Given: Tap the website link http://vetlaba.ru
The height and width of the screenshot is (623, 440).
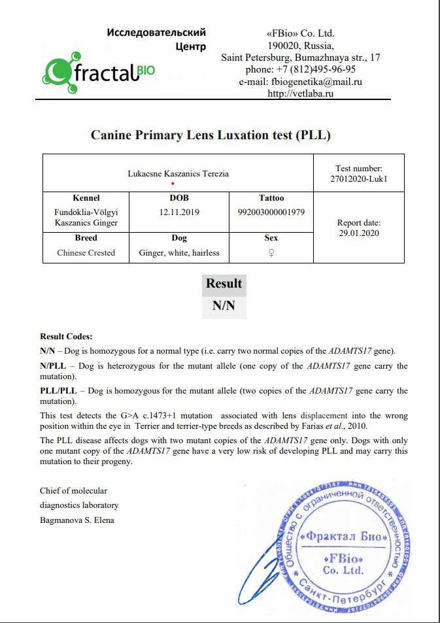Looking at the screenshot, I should point(301,93).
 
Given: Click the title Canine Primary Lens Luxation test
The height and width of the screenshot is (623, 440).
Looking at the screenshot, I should point(211,135).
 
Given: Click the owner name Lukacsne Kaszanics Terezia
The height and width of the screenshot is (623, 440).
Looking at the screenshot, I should point(178,173).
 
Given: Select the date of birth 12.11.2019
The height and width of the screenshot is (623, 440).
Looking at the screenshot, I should point(178,212).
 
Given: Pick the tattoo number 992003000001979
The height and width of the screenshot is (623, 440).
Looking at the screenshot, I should point(271,212).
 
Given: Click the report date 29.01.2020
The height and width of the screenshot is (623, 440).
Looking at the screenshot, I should point(358,233).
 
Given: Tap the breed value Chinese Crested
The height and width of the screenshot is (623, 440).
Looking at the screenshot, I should point(86,252).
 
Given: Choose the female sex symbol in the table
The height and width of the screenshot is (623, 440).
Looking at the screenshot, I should point(271,253).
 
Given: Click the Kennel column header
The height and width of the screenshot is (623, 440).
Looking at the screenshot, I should point(86,197).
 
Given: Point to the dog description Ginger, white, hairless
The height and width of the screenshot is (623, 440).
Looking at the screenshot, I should point(179,252).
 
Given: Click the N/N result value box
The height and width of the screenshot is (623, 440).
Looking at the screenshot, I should point(224,305).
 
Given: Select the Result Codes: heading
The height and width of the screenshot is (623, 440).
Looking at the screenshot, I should point(66,336).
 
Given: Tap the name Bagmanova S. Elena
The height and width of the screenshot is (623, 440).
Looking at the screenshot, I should point(76,520).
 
